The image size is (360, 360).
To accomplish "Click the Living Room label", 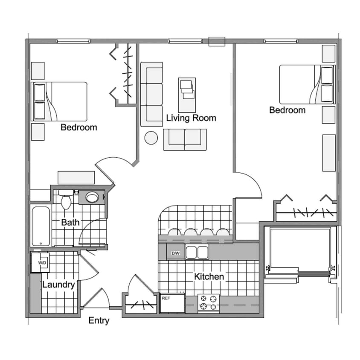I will coord(191,118).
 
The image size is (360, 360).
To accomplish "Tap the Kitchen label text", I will coord(209,277).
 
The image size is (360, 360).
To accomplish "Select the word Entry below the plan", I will coord(99,321).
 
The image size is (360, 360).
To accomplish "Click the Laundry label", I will coord(58,285).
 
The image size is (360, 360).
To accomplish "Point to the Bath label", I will coord(70,222).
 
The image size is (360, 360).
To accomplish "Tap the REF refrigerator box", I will coord(172,303).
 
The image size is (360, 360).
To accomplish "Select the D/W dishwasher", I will coord(175,253).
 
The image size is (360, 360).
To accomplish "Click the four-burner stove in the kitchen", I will coord(209,302).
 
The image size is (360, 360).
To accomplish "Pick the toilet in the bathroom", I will coord(66,201).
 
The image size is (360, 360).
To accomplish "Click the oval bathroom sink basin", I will coord(92,197).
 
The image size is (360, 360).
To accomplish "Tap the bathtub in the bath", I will coord(41,226).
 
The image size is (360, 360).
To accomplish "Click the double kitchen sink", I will coord(197,253).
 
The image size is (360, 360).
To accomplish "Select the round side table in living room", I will coord(151,138).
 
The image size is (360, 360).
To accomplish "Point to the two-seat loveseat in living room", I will coord(185,139).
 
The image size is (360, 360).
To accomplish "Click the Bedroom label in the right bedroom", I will coord(287,110).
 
